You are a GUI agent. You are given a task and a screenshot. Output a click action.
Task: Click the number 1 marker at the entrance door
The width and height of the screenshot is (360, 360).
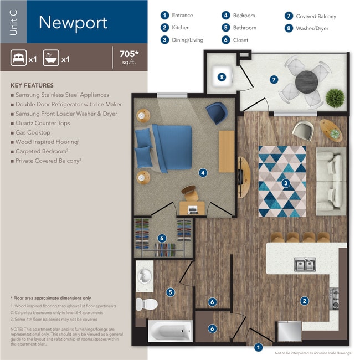click(258, 347)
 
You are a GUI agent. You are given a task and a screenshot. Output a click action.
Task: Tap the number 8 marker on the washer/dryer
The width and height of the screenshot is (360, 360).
click(222, 77)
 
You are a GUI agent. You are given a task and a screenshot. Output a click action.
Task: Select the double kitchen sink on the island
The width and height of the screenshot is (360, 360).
click(305, 264)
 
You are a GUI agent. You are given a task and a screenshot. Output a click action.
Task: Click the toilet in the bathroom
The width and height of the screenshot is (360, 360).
click(146, 304)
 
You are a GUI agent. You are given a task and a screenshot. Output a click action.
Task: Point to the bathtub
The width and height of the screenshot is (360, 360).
click(171, 331)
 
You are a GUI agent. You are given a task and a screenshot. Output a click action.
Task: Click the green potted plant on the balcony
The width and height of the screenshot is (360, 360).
click(335, 98)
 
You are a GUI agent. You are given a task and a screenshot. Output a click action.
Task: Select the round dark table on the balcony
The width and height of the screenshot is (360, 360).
click(306, 81)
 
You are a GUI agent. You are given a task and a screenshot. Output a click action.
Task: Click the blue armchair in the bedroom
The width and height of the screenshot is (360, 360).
click(217, 113)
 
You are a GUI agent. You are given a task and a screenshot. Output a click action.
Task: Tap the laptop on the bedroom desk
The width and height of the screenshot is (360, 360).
click(193, 210)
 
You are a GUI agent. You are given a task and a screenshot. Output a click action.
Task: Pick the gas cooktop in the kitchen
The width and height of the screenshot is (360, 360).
click(334, 299)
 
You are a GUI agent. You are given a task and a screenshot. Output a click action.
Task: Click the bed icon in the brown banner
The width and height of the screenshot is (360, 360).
click(19, 58)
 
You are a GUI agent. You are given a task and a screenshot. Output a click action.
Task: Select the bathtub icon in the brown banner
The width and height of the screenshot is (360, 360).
click(51, 58)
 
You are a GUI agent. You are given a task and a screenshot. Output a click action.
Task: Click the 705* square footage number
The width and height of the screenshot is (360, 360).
click(129, 54)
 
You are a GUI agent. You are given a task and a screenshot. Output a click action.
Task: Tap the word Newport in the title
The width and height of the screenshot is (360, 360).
click(73, 23)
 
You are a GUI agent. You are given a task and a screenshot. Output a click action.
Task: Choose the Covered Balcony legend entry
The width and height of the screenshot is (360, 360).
click(310, 16)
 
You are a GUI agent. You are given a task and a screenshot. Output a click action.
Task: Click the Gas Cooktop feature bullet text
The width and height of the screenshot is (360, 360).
click(33, 132)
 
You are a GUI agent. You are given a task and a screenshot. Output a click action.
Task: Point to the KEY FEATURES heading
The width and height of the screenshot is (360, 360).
click(32, 85)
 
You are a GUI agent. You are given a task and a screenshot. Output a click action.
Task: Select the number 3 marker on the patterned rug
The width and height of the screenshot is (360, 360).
click(286, 183)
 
